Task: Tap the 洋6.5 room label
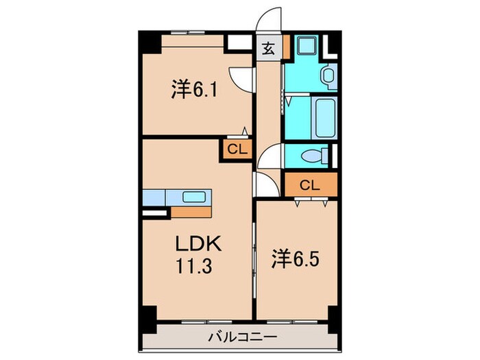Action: pos(297,259)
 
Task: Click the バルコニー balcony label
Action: pos(243,337)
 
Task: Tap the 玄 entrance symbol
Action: pos(268,49)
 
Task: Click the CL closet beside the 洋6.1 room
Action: pos(235,149)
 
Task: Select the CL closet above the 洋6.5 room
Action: pos(310,184)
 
